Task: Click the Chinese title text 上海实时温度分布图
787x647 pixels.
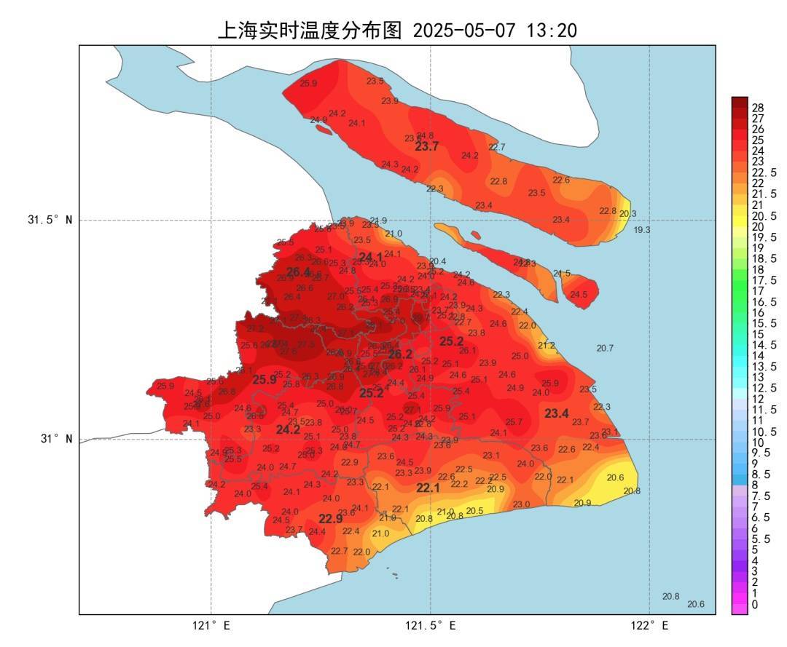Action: [x=310, y=30]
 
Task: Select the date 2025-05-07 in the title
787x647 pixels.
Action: [x=464, y=31]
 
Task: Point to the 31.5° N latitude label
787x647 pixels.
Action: [x=50, y=220]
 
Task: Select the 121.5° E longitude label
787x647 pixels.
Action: [x=431, y=626]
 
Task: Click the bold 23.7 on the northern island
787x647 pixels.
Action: [x=427, y=146]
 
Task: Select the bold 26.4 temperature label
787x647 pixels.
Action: [x=298, y=272]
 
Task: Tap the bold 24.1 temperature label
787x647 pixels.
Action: [x=370, y=256]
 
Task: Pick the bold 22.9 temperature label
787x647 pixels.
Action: [x=330, y=519]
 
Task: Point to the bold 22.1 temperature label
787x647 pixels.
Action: [x=428, y=488]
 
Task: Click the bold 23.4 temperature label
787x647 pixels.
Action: [x=557, y=413]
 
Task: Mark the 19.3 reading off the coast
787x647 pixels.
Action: [x=641, y=230]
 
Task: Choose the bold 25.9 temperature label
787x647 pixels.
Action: [x=265, y=379]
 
